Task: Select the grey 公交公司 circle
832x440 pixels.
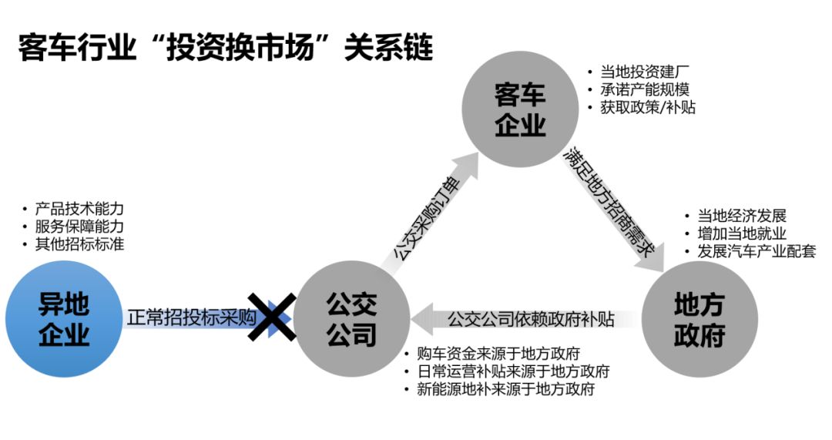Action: click(x=351, y=318)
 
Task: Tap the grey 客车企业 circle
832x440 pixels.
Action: click(x=520, y=111)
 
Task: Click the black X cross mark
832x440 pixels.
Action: click(x=271, y=317)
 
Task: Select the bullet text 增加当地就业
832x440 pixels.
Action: click(x=742, y=233)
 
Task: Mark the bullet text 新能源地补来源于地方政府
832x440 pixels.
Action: click(x=505, y=390)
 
